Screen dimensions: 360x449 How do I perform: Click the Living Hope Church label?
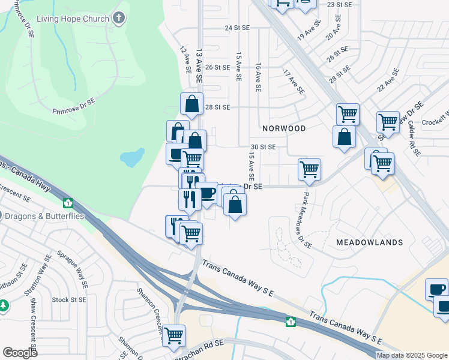(73, 19)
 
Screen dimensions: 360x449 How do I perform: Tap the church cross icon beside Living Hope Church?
(119, 18)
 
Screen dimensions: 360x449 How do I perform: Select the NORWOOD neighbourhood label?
(284, 128)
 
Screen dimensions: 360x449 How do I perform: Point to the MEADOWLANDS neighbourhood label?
(369, 242)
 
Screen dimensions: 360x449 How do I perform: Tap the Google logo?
(20, 353)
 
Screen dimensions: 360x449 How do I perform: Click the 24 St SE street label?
(237, 28)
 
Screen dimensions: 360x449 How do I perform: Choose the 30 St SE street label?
(263, 146)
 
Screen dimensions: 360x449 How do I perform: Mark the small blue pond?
(131, 158)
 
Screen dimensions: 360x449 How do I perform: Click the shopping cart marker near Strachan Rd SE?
(173, 335)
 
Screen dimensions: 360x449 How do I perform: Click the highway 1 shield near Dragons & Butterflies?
(67, 203)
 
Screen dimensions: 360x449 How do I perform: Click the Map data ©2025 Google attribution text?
(412, 355)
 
